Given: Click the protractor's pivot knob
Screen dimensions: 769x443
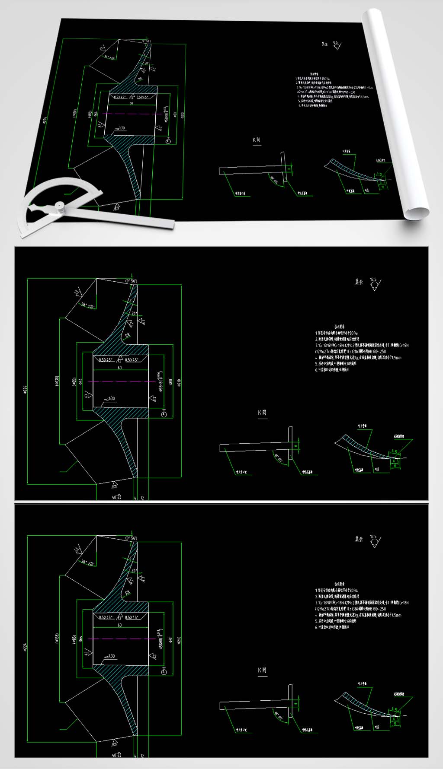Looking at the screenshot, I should pyautogui.click(x=59, y=207).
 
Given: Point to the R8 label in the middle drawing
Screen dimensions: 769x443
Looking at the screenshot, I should pyautogui.click(x=128, y=335).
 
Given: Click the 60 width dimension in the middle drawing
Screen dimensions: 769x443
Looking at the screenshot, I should pyautogui.click(x=120, y=368).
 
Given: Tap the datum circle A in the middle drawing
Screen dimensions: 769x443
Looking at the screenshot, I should pyautogui.click(x=164, y=415).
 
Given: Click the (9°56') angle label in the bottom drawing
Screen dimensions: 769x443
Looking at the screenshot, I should pyautogui.click(x=131, y=538).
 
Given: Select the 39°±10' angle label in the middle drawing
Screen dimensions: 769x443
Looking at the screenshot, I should pyautogui.click(x=88, y=305).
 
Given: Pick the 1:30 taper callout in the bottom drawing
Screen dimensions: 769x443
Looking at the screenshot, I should pyautogui.click(x=111, y=656).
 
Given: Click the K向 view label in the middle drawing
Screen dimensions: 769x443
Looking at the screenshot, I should pyautogui.click(x=262, y=412).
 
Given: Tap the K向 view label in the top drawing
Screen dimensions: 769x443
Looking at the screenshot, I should pyautogui.click(x=257, y=140).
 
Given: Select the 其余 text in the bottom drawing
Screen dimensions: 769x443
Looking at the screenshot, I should pyautogui.click(x=359, y=539).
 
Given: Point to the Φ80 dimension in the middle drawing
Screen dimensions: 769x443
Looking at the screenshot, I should pyautogui.click(x=171, y=382).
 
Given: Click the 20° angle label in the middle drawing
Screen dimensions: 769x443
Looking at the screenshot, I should pyautogui.click(x=135, y=314).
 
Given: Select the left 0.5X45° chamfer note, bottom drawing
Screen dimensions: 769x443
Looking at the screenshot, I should pyautogui.click(x=105, y=617).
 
